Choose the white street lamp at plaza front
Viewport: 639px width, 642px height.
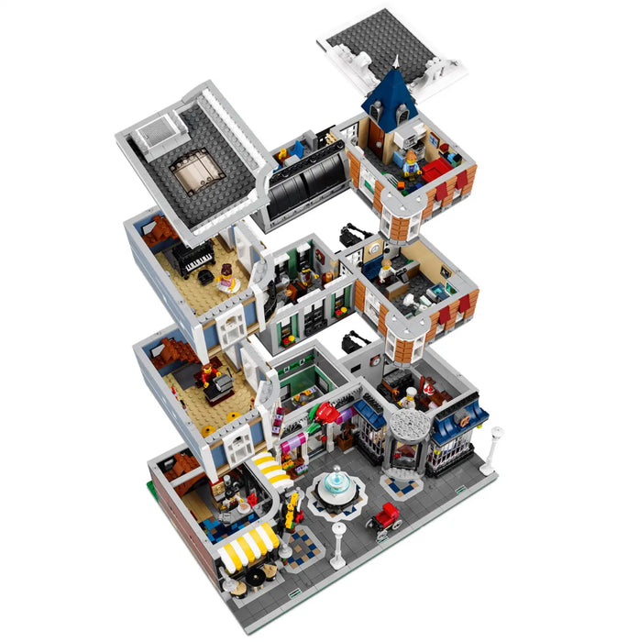[x=338, y=541]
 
